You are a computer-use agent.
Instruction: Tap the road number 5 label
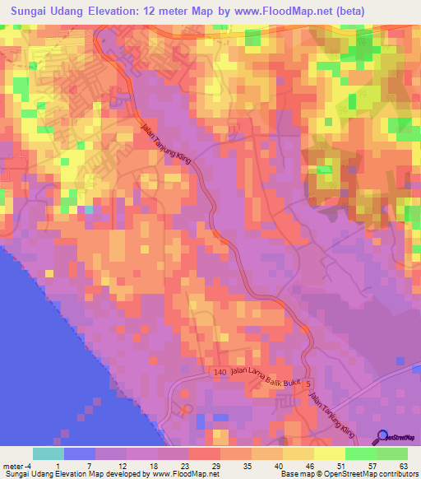pos(309,384)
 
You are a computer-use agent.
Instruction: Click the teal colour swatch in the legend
pos(49,453)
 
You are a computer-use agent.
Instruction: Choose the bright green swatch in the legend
pos(360,453)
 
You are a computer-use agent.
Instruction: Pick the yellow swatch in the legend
pos(329,453)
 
